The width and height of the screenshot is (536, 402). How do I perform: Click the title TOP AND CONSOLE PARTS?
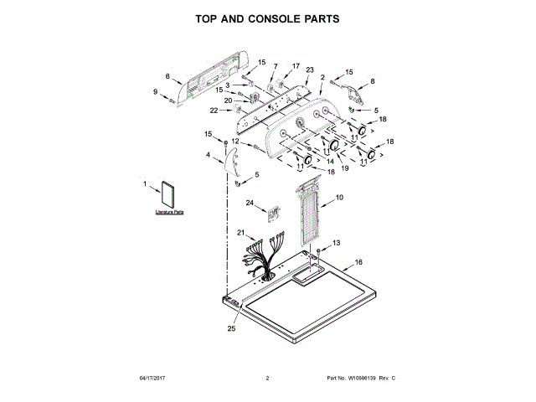[268, 17]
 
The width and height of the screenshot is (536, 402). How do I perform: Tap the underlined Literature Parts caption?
[169, 214]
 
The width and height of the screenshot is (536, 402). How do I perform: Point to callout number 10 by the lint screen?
[339, 198]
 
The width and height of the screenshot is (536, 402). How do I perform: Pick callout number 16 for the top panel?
[358, 262]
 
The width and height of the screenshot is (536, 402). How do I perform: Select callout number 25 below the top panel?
[232, 329]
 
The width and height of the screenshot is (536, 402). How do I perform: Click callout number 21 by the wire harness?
[240, 232]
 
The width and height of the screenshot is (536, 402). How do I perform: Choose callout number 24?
[249, 203]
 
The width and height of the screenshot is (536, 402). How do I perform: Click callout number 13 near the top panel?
[337, 242]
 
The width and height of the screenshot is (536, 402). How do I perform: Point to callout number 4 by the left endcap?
[209, 155]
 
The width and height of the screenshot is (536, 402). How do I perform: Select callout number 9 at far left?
[156, 91]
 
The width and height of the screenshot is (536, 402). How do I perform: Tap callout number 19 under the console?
[343, 168]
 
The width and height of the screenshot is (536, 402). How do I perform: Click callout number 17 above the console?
[295, 65]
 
